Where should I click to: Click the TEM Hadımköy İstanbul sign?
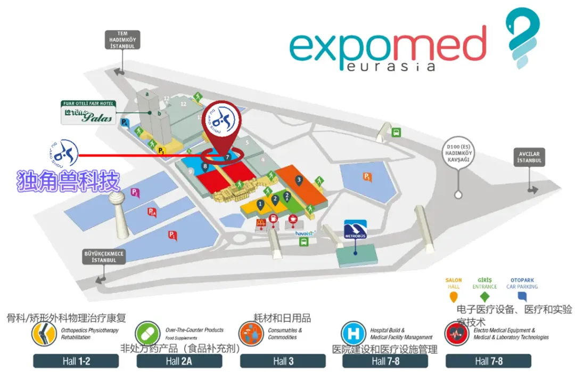122,40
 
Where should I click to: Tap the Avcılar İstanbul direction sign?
530,157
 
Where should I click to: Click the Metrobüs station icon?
356,228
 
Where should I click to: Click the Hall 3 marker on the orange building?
299,181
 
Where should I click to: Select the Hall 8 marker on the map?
206,167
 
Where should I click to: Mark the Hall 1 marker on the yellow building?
260,204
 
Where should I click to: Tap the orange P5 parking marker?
367,177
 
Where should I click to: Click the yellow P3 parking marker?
161,151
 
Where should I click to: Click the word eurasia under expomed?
390,66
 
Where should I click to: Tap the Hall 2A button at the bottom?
179,361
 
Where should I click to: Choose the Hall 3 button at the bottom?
283,361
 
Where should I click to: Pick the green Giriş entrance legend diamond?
484,297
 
